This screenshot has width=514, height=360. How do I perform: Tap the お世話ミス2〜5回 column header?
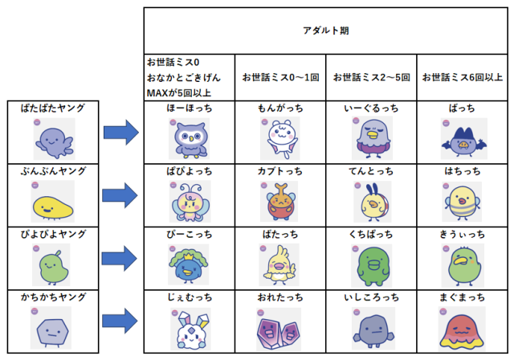click(x=371, y=78)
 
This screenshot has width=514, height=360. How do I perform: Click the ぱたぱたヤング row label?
click(x=52, y=108)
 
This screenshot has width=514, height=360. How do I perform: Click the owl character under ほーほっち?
click(x=189, y=139)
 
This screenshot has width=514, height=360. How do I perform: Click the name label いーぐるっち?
click(x=370, y=107)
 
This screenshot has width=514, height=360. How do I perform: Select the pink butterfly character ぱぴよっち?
click(x=189, y=202)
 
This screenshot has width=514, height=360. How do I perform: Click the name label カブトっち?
click(x=279, y=170)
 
